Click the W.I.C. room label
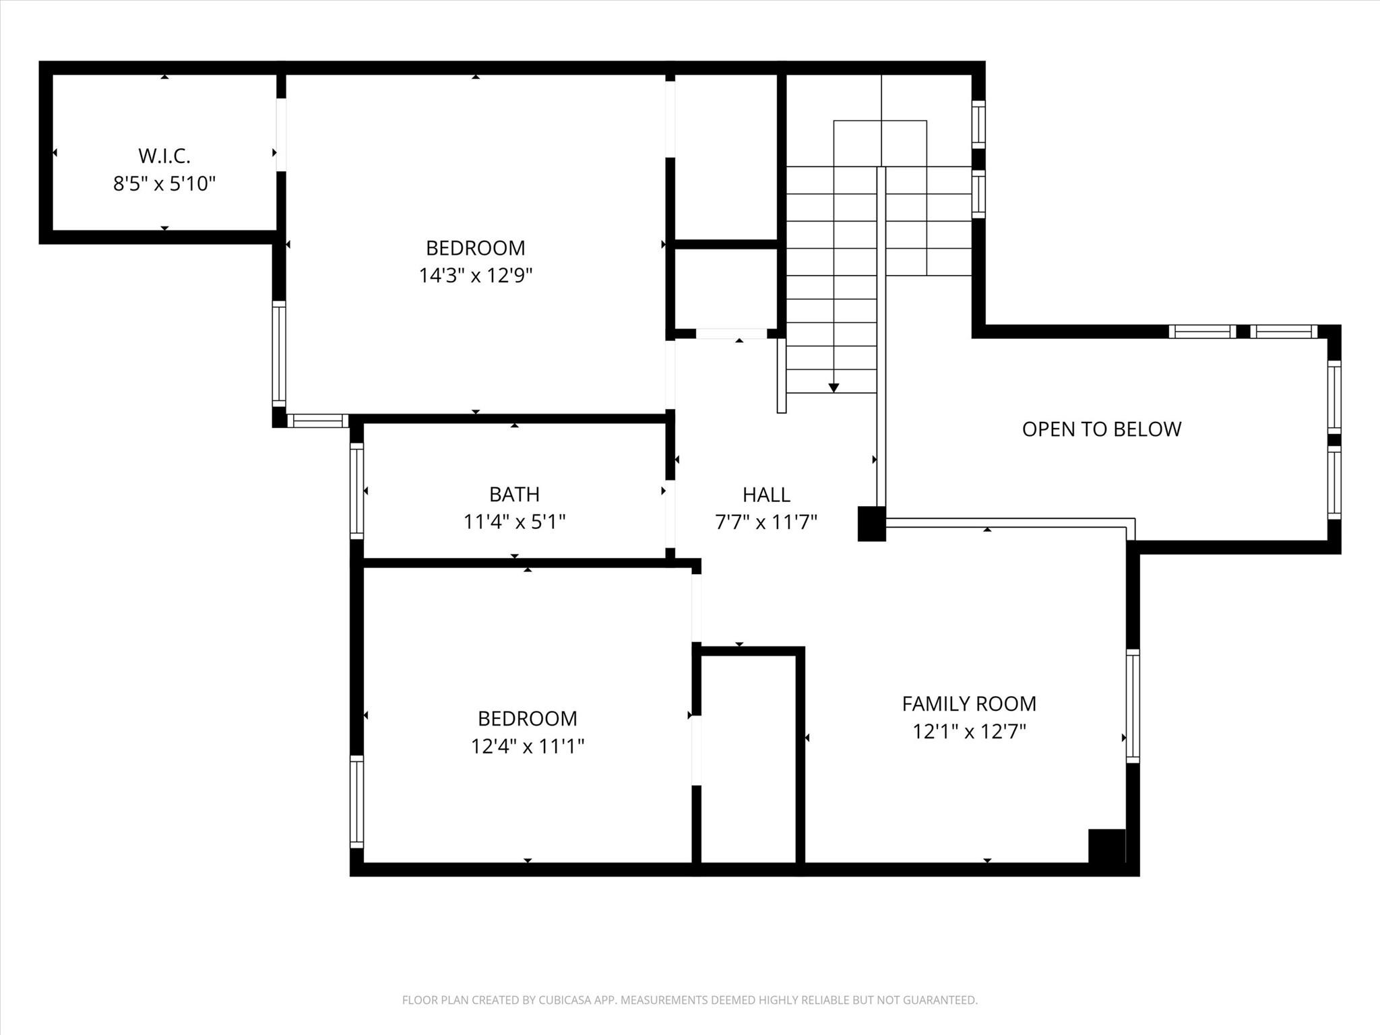point(164,156)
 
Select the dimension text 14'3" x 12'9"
point(476,276)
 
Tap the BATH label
point(514,495)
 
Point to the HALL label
point(766,495)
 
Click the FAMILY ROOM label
point(969,703)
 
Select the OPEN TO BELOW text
point(1101,429)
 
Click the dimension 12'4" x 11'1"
point(527,746)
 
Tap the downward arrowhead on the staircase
point(834,388)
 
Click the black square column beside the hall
point(871,524)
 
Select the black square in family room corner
point(1107,846)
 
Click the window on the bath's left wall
point(356,491)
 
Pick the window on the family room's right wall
point(1133,705)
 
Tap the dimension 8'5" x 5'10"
point(164,183)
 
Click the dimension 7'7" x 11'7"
point(766,522)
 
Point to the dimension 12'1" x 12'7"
point(969,731)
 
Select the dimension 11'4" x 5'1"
point(514,522)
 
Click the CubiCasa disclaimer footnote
point(689,1000)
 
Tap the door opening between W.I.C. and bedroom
point(281,135)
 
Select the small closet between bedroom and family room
point(749,758)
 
